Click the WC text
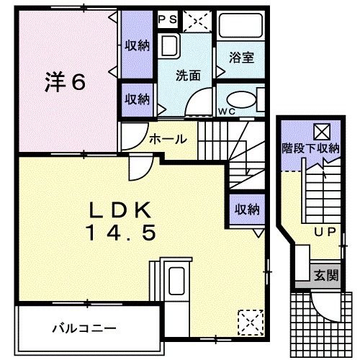[228, 111]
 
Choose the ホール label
[168, 139]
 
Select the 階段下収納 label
[310, 149]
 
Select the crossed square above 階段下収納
[320, 132]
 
